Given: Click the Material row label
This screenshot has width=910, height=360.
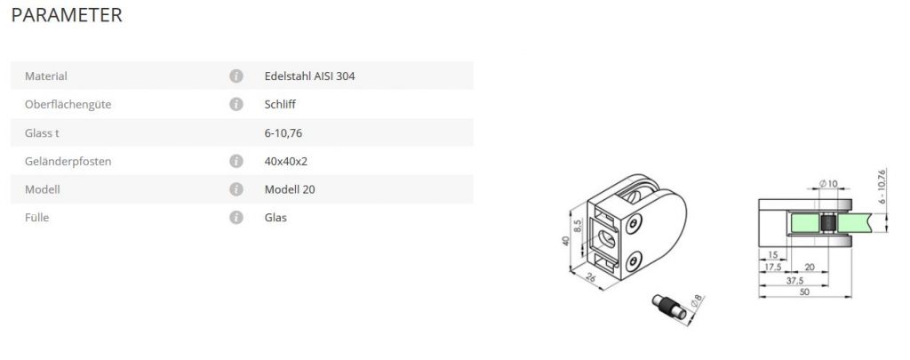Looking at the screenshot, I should tap(46, 76).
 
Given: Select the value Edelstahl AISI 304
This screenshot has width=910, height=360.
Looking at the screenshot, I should tap(310, 76).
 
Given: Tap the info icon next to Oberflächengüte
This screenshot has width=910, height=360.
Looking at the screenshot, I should tap(235, 105).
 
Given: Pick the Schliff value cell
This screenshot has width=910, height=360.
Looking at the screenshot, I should tap(280, 105).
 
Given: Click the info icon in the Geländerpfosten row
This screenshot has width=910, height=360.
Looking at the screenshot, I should tap(235, 162).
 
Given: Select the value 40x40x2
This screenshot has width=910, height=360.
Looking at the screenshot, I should tap(286, 162).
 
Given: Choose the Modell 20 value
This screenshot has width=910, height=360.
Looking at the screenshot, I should tap(290, 189).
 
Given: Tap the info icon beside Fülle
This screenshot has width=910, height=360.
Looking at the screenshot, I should tap(235, 218).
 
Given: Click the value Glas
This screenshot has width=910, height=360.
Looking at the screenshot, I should tap(275, 218).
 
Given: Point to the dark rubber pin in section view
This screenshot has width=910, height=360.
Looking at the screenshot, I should tap(827, 226).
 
